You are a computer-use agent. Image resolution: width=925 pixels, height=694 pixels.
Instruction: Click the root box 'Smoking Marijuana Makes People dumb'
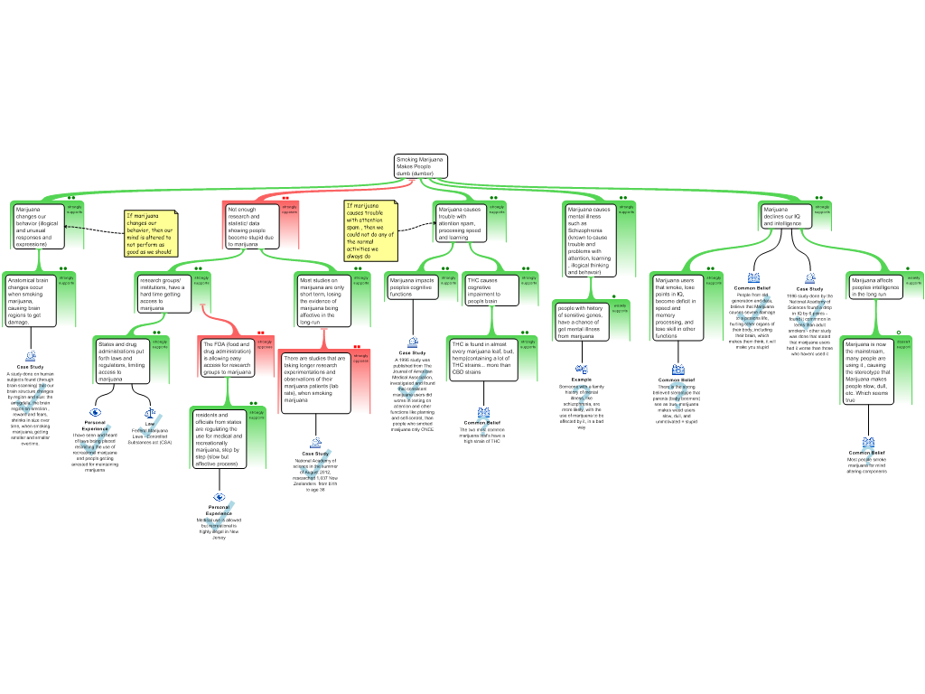point(421,166)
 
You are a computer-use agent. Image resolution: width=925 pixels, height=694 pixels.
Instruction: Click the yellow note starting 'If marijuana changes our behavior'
point(151,234)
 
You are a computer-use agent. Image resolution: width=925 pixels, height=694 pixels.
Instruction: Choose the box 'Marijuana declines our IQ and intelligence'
point(785,216)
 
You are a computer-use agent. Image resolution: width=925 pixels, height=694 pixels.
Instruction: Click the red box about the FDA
point(227,358)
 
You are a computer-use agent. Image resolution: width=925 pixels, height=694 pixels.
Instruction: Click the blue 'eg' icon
point(582,368)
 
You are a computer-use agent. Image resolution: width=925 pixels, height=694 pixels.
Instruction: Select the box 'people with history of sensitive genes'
point(581,322)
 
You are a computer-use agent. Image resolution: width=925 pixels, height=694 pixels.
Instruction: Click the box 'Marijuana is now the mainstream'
point(868,370)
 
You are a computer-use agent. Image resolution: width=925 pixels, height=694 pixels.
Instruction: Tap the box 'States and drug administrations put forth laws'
point(123,361)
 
